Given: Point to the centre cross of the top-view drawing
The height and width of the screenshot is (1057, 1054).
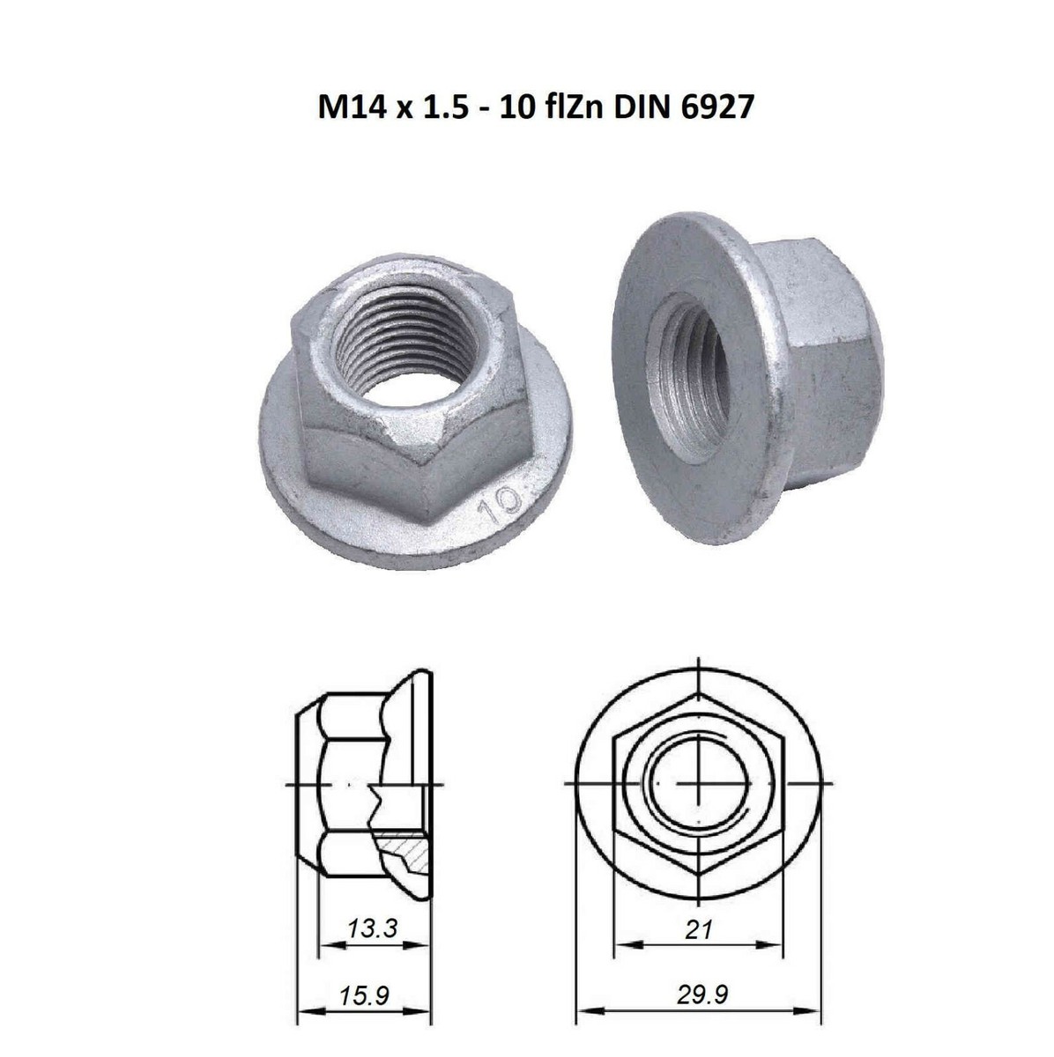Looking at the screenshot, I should click(698, 783).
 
